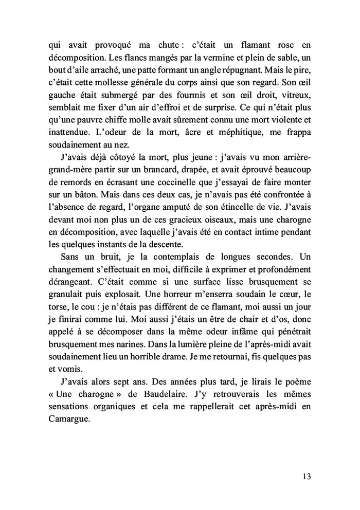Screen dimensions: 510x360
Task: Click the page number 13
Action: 307,476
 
